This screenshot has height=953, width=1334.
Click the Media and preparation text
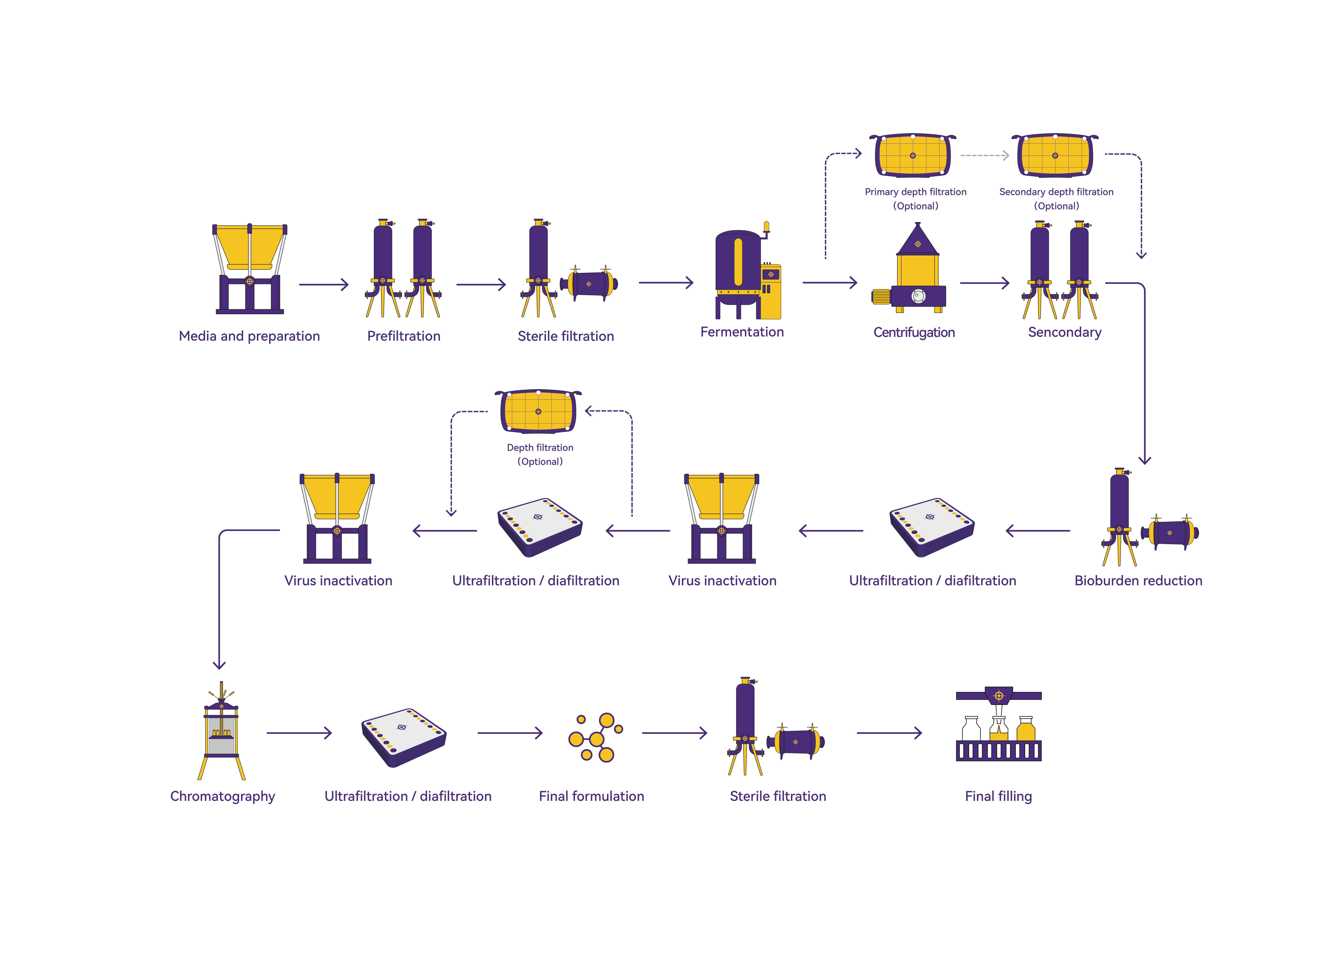coord(249,336)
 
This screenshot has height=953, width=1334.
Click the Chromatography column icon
coord(221,731)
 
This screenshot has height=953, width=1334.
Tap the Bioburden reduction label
coord(1138,581)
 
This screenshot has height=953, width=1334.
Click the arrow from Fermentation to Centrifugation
coord(829,283)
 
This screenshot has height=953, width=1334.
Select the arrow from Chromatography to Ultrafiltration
coord(299,733)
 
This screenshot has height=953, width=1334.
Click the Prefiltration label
coord(404,336)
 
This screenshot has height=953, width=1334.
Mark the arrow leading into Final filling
coord(889,733)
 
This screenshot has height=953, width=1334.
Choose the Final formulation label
coord(591,796)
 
